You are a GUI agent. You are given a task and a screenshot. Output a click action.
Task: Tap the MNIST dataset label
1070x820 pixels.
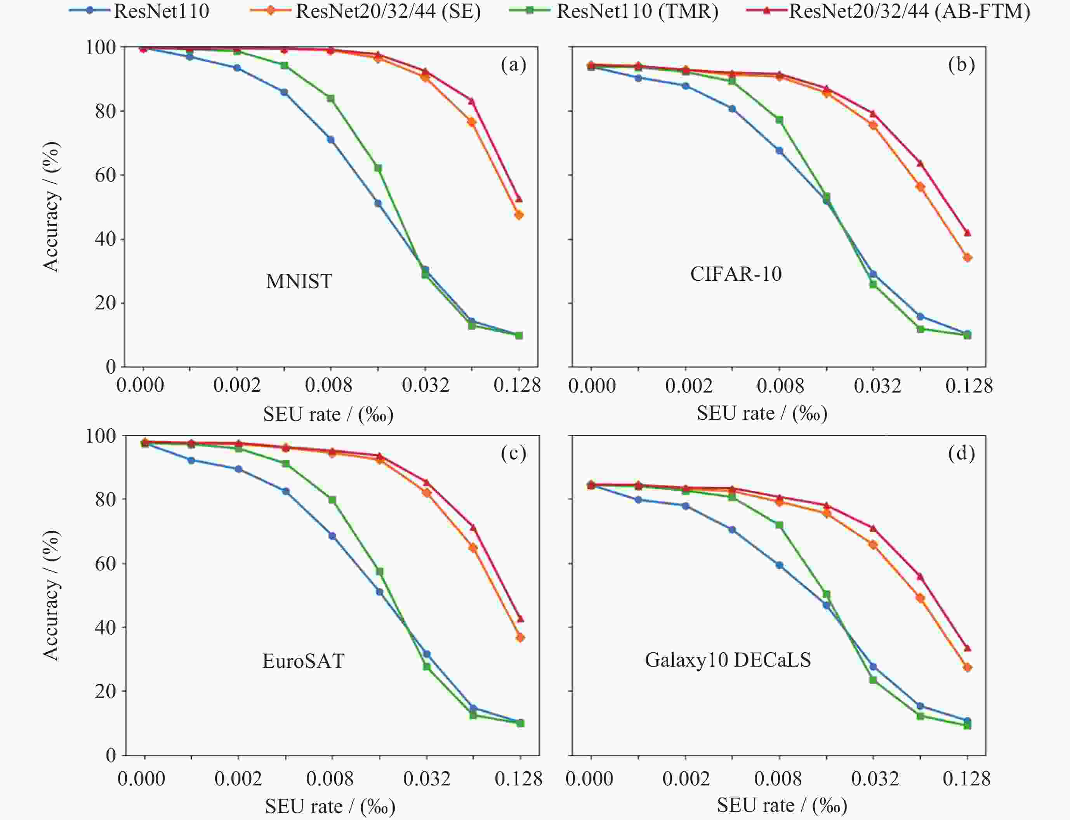[299, 281]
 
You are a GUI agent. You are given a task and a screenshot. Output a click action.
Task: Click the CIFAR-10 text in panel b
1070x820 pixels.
[736, 274]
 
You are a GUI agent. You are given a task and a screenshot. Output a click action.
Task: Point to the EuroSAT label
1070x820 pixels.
[303, 661]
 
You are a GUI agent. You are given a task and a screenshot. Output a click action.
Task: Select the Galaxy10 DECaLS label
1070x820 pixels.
[727, 660]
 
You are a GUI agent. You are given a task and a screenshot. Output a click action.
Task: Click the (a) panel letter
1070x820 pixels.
[513, 64]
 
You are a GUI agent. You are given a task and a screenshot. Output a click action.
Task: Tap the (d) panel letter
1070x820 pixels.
[961, 453]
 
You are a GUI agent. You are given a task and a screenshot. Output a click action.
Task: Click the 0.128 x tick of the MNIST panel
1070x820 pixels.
[517, 386]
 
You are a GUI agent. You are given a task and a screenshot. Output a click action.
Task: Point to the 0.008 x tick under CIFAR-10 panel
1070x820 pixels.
[780, 386]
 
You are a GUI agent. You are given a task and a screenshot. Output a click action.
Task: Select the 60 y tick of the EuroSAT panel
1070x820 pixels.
[105, 564]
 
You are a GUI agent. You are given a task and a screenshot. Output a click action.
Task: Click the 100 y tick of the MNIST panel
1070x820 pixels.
[101, 47]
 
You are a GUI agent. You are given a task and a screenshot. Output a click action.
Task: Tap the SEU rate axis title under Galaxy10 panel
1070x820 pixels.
[782, 805]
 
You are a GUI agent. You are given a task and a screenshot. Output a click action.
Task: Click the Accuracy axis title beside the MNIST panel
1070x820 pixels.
[51, 207]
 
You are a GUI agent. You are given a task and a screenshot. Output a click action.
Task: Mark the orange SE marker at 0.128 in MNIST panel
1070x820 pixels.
[518, 215]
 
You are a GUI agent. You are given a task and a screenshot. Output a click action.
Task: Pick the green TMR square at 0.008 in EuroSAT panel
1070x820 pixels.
[332, 500]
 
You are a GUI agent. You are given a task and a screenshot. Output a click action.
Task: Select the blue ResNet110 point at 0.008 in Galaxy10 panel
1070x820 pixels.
[779, 565]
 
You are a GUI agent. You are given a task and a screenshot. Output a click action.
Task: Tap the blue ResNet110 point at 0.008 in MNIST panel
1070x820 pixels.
[330, 140]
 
